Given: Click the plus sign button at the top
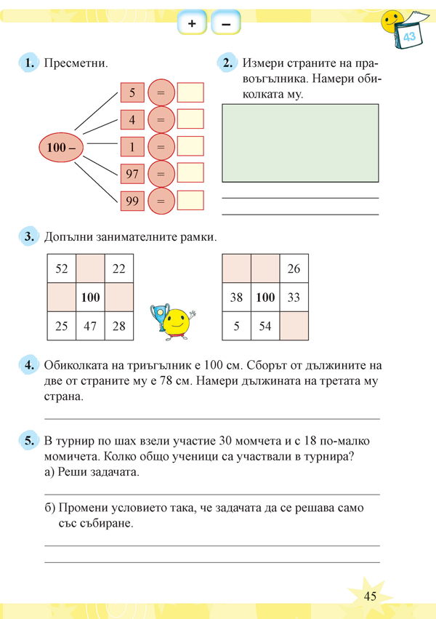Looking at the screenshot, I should point(192,24).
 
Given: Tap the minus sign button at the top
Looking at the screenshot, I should point(225,24).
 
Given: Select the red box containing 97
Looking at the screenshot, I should point(132,174).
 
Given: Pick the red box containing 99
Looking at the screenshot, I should point(132,201).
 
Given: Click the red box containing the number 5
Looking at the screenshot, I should point(132,93).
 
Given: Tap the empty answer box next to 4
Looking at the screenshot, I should point(190,120).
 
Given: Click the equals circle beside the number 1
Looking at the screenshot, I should point(161,147).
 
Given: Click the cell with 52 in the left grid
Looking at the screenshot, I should point(62,268).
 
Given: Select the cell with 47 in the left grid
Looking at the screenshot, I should point(90,325).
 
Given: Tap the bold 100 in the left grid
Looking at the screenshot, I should point(90,297).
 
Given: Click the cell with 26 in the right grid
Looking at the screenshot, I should point(294,268).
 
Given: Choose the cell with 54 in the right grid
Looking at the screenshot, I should point(265,325).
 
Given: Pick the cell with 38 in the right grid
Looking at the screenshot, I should point(236,297).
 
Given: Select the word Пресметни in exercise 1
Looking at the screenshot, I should point(76,63).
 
